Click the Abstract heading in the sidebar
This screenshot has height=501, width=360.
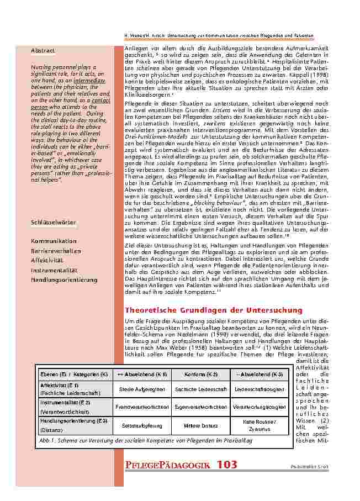pyautogui.click(x=43, y=51)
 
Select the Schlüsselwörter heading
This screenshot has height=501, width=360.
pyautogui.click(x=54, y=222)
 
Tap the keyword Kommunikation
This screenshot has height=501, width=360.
pyautogui.click(x=54, y=241)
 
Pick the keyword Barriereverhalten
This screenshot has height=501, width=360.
pyautogui.click(x=56, y=251)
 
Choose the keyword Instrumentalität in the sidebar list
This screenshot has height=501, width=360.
pyautogui.click(x=54, y=270)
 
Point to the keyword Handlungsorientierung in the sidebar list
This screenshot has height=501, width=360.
pyautogui.click(x=64, y=279)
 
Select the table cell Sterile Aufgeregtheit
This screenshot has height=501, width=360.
pyautogui.click(x=139, y=389)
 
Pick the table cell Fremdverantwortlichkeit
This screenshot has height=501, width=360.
pyautogui.click(x=139, y=407)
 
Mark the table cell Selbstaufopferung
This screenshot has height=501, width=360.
pyautogui.click(x=139, y=425)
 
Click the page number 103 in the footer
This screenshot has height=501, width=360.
pyautogui.click(x=227, y=465)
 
